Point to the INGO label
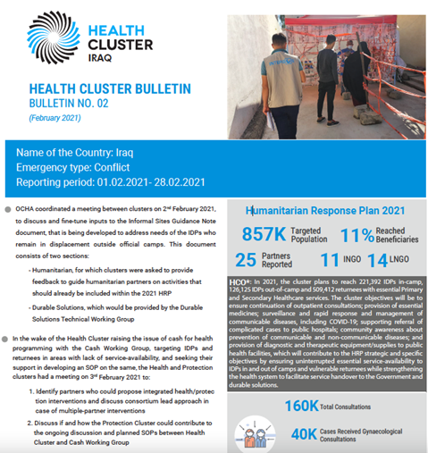tap(356, 262)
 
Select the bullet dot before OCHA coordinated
tap(7, 207)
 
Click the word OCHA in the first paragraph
tap(26, 207)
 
